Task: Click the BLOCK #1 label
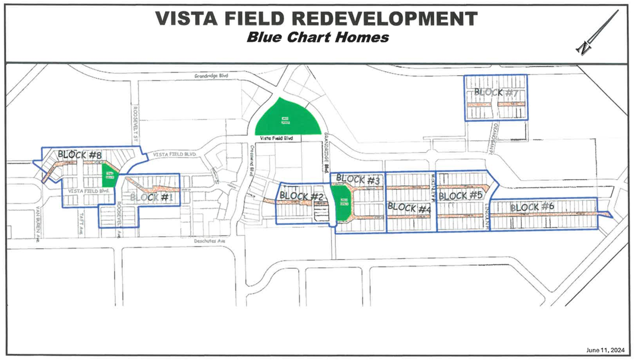[152, 197]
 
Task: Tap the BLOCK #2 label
[301, 196]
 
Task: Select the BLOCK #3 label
[358, 180]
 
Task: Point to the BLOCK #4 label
[409, 207]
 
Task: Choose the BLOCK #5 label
[459, 196]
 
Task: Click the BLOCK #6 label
[532, 207]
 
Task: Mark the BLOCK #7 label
[496, 92]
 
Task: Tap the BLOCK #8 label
[80, 155]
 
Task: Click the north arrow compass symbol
[598, 33]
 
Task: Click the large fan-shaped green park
[286, 117]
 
